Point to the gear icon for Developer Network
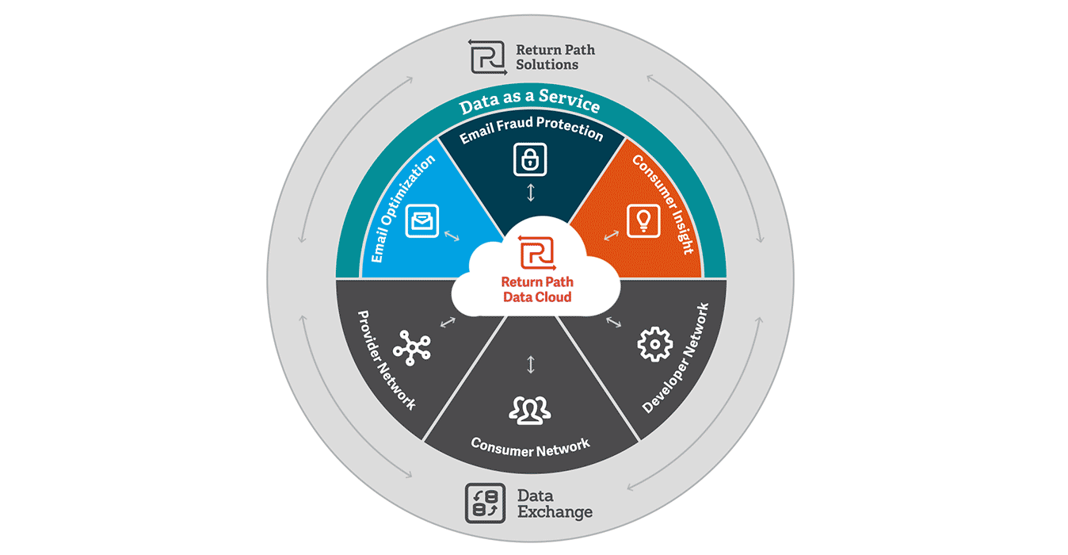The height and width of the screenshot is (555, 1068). [x=654, y=346]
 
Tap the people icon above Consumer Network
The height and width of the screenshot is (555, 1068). [x=530, y=408]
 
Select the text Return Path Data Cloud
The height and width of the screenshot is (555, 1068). [x=537, y=289]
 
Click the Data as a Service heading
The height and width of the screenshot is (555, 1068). [x=530, y=103]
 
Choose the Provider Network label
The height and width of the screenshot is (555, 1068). [x=386, y=359]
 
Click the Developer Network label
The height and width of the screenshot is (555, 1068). [x=675, y=358]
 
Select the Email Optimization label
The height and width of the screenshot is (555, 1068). [x=402, y=209]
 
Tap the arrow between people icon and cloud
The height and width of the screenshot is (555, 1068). [x=531, y=364]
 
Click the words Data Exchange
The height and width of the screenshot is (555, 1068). [x=555, y=503]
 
